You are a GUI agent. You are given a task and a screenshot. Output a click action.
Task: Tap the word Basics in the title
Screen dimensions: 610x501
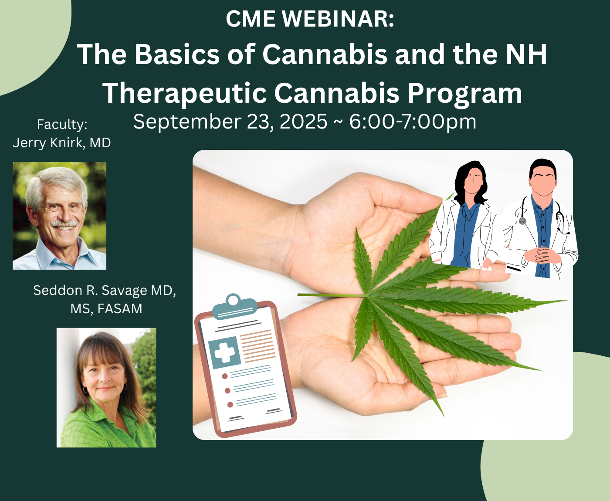(177, 54)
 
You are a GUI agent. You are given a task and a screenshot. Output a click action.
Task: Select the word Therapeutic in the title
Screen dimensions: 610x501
(184, 93)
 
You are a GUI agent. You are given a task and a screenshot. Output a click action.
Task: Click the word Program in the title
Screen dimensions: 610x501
(464, 93)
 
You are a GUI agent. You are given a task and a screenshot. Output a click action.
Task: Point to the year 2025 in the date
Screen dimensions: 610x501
(303, 122)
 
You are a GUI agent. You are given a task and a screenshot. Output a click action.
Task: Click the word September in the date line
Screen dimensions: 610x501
(187, 122)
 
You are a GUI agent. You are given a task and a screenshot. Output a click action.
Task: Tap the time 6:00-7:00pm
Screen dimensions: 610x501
(413, 122)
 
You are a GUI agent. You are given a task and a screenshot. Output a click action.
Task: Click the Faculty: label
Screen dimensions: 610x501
(62, 125)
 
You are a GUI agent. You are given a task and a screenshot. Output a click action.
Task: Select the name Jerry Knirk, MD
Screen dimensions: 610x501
(62, 143)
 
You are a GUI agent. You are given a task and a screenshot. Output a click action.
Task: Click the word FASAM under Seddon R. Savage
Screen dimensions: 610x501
(120, 308)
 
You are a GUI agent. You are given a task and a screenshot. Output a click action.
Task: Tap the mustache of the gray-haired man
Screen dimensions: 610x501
(64, 223)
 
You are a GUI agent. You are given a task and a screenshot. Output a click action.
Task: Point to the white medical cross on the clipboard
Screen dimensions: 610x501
(224, 352)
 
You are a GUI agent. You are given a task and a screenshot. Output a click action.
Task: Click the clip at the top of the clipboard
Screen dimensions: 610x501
(234, 306)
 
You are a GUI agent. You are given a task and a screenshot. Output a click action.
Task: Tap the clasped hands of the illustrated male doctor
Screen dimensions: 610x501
(542, 254)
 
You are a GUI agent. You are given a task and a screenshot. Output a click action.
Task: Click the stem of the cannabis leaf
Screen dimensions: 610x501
(330, 295)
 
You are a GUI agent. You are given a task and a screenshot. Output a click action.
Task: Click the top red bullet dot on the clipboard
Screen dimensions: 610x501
(225, 376)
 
